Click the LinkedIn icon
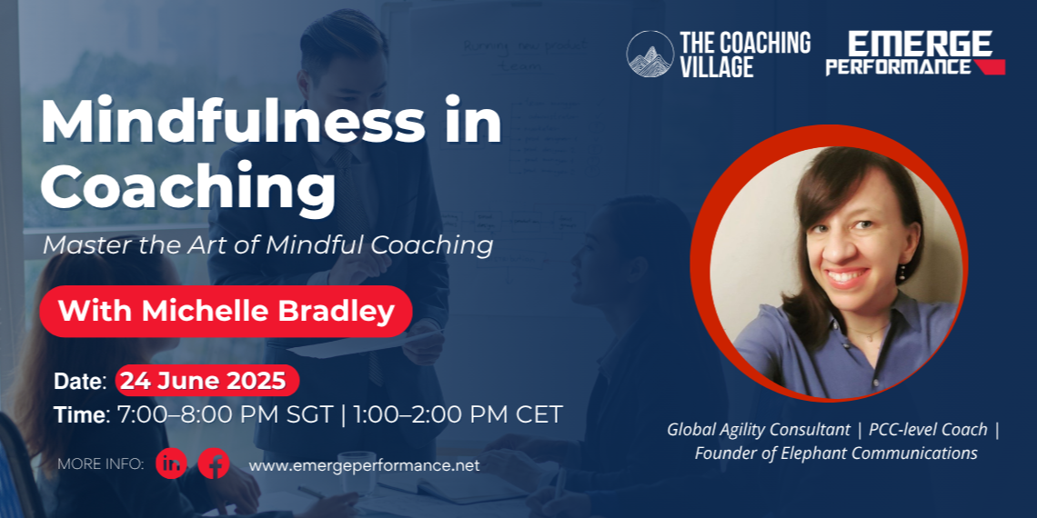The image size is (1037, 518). coord(171,463)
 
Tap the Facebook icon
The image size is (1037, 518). coord(214,463)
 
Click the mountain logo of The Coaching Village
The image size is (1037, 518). coord(650,54)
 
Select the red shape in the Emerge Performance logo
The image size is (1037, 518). coord(989,66)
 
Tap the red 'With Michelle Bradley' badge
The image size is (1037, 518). coord(226,311)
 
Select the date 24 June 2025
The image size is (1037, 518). coord(207,381)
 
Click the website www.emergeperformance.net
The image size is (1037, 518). coord(364,465)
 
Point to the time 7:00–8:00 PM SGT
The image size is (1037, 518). coord(225,415)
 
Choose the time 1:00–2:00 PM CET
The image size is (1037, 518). coord(458,415)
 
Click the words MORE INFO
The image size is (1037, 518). coord(101,464)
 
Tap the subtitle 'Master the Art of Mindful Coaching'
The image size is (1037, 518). coord(267,245)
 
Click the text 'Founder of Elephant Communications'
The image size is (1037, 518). coord(836,453)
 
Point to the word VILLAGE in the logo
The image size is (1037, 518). coord(717,66)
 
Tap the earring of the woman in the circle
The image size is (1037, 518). coord(902,273)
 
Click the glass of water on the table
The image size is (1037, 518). coord(357,472)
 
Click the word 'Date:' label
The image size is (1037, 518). coord(80,382)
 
